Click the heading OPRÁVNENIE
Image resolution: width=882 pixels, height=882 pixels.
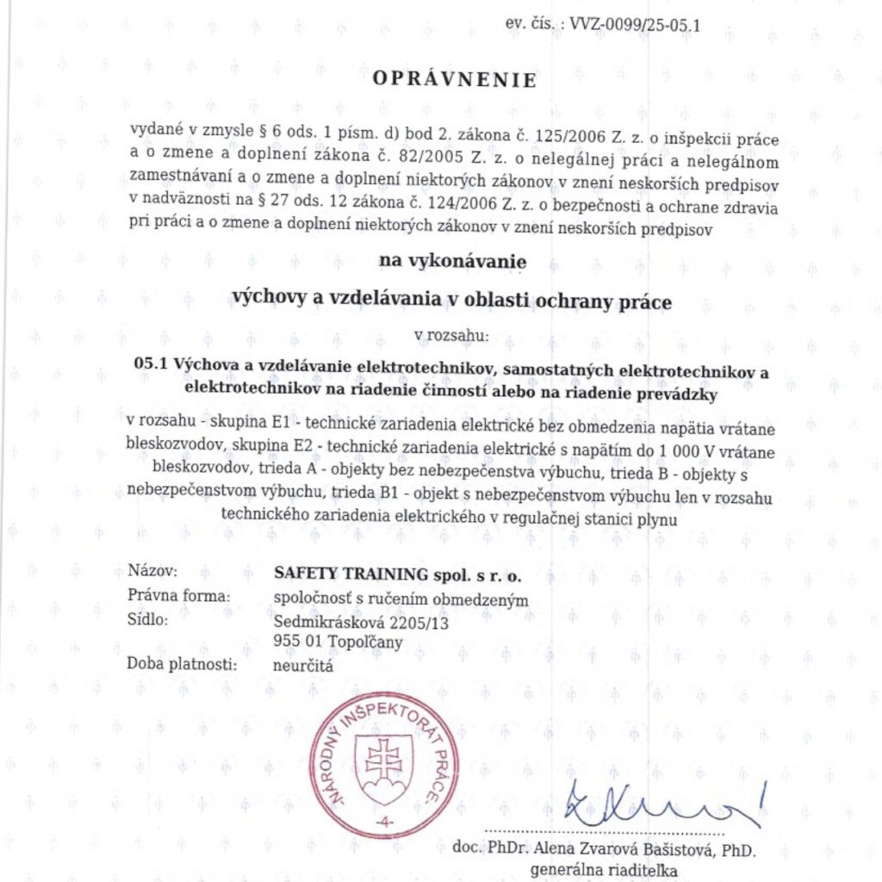[x=454, y=80]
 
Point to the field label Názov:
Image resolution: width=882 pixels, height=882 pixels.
[x=152, y=571]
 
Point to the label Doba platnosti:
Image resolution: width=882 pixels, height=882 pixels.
[x=182, y=663]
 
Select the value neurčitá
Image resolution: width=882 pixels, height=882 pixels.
[x=302, y=665]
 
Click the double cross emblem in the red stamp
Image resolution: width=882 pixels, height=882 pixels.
[x=384, y=759]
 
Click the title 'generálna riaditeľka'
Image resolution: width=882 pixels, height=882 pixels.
[x=604, y=870]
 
